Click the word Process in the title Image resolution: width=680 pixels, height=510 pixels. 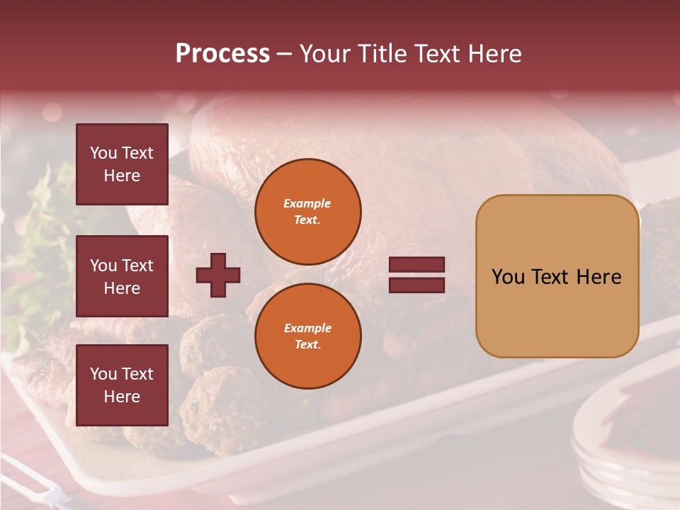point(222,54)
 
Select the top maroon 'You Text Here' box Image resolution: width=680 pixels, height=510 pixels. point(122,164)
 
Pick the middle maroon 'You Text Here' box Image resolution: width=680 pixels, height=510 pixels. point(122,276)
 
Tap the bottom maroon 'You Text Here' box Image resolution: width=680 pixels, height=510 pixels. point(122,385)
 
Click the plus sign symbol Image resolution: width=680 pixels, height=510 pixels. point(218,275)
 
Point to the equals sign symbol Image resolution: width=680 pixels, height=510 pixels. point(417,275)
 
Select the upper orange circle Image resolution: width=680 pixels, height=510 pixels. point(308,212)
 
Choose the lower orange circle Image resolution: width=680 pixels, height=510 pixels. point(308,336)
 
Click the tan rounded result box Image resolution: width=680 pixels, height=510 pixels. point(557,276)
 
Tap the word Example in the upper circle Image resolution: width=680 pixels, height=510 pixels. point(307,203)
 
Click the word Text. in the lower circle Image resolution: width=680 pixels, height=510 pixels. point(307,344)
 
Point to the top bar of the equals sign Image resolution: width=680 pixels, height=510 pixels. point(417,265)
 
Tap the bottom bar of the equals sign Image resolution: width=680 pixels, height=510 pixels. point(417,285)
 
